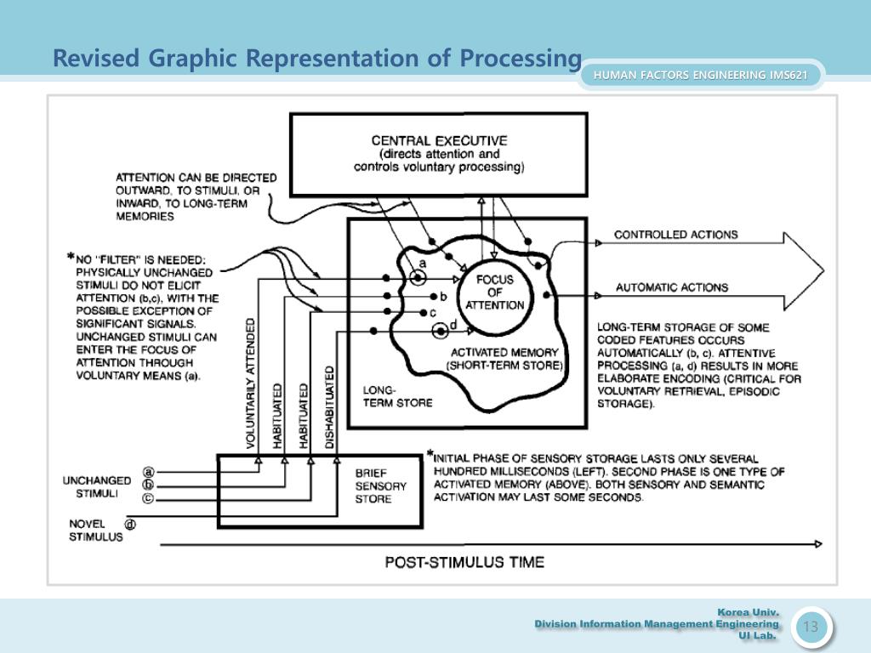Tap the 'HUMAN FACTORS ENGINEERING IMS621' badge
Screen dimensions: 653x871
[700, 75]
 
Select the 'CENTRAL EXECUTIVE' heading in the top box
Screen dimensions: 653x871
[439, 140]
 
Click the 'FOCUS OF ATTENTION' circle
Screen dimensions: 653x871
[495, 292]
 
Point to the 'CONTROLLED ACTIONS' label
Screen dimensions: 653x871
[676, 235]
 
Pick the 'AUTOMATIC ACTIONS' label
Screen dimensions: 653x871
[672, 287]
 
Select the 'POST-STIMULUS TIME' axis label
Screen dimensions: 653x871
[464, 562]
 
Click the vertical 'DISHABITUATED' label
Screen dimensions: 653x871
[329, 407]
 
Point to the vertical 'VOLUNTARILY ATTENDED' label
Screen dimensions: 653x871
[251, 384]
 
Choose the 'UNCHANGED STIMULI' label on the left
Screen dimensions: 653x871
[96, 486]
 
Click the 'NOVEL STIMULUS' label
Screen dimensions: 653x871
[96, 531]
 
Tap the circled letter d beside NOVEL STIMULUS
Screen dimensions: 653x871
[131, 525]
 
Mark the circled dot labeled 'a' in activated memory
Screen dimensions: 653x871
[418, 277]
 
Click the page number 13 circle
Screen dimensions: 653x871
[811, 627]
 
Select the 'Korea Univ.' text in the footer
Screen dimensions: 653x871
[748, 611]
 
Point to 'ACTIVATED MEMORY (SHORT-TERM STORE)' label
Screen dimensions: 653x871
[504, 359]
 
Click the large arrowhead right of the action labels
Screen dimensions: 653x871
[804, 270]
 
